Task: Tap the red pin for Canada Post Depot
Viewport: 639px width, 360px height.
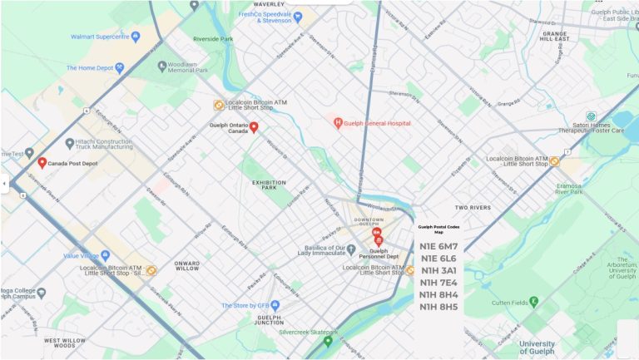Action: coord(42,162)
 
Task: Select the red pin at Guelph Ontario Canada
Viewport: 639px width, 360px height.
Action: coord(255,127)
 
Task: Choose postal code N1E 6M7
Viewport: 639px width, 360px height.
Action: coord(438,246)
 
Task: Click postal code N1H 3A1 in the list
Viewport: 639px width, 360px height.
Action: coord(438,270)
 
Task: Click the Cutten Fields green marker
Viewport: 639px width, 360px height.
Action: coord(533,301)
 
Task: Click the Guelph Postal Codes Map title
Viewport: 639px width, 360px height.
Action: coord(438,229)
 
